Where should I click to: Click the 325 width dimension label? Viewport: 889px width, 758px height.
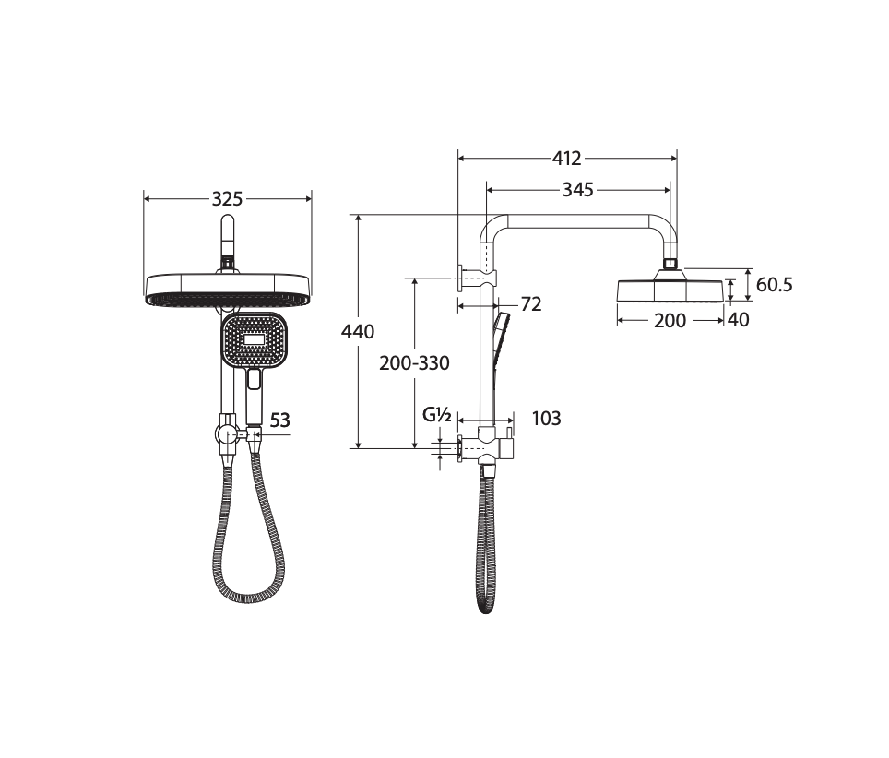[x=228, y=199]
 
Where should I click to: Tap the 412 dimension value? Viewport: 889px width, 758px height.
[x=567, y=159]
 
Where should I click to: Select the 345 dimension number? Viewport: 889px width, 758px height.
[x=577, y=189]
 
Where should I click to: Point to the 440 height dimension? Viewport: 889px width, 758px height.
[x=358, y=331]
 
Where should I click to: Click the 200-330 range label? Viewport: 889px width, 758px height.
[x=414, y=362]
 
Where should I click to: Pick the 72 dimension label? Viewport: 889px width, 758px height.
[x=531, y=304]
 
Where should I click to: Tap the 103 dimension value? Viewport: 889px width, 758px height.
[x=547, y=419]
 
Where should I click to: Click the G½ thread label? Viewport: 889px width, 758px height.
[x=437, y=415]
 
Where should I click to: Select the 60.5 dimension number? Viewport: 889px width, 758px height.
[x=775, y=285]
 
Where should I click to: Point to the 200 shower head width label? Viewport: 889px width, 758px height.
[x=670, y=321]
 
